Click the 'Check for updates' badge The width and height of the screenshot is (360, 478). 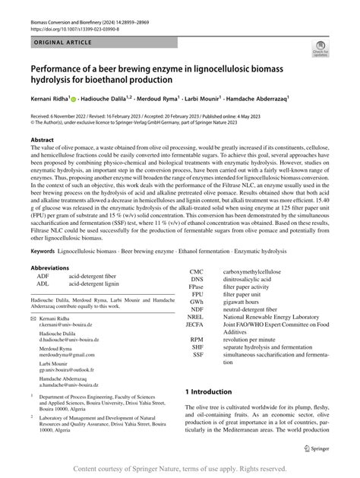pos(318,50)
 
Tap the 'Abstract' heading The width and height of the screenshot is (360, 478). pos(42,141)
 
